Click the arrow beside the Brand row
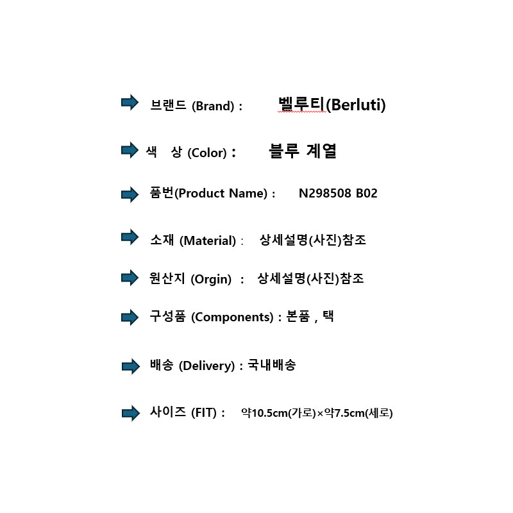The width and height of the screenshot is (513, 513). pyautogui.click(x=130, y=103)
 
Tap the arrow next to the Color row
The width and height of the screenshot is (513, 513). pyautogui.click(x=130, y=150)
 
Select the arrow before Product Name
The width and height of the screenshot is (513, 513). pyautogui.click(x=130, y=195)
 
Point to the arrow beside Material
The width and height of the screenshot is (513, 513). pyautogui.click(x=130, y=237)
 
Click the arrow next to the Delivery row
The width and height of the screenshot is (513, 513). pyautogui.click(x=131, y=366)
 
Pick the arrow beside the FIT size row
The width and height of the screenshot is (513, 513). pyautogui.click(x=131, y=413)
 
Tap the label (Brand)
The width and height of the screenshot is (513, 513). pyautogui.click(x=213, y=106)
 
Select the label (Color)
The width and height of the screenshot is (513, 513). pyautogui.click(x=207, y=153)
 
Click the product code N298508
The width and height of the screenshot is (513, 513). pyautogui.click(x=325, y=193)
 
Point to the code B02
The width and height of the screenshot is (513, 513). pyautogui.click(x=366, y=193)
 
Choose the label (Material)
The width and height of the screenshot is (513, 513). pyautogui.click(x=208, y=241)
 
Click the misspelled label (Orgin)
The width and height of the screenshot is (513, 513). pyautogui.click(x=211, y=280)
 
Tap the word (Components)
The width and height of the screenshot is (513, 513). pyautogui.click(x=232, y=317)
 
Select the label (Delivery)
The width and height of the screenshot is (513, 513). pyautogui.click(x=206, y=366)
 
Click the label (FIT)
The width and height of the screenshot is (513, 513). pyautogui.click(x=204, y=412)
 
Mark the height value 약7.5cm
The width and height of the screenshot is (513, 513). pyautogui.click(x=344, y=413)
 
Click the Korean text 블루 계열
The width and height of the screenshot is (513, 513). pyautogui.click(x=303, y=151)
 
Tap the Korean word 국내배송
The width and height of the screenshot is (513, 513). pyautogui.click(x=271, y=365)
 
